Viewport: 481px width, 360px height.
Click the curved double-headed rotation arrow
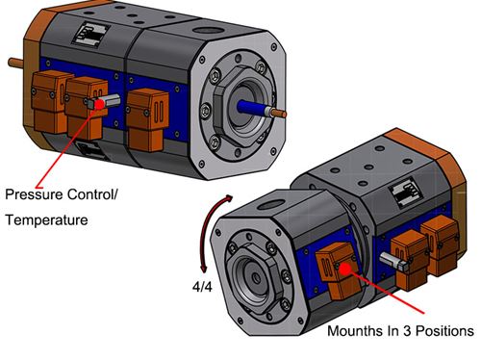pyautogui.click(x=206, y=236)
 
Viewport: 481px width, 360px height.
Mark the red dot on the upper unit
pyautogui.click(x=97, y=101)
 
